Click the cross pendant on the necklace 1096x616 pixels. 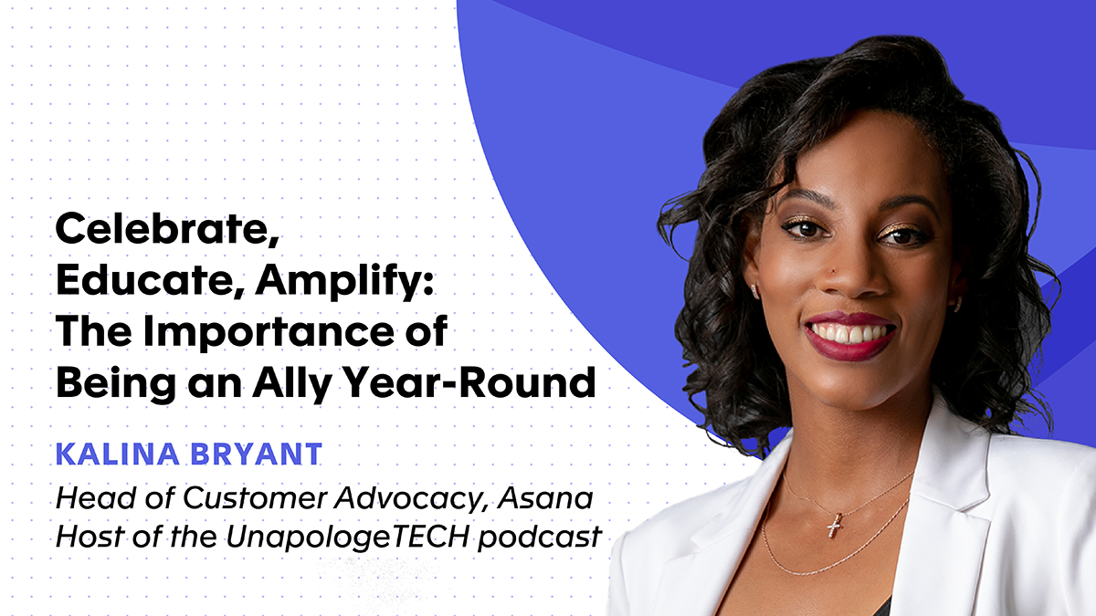click(834, 527)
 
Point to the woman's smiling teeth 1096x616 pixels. click(849, 333)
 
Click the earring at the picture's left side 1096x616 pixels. click(754, 291)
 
